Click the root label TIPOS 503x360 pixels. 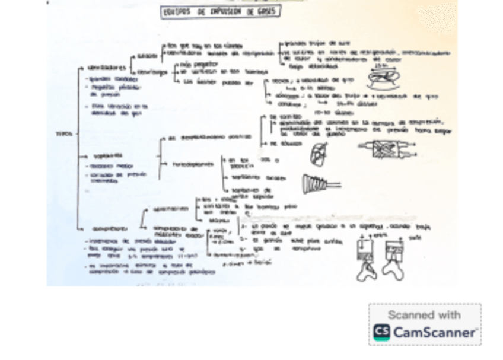63,134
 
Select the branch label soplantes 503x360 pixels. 104,156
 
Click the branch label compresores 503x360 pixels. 109,228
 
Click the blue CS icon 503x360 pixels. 381,333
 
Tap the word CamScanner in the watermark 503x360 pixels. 434,333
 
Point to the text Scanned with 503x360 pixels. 424,314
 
